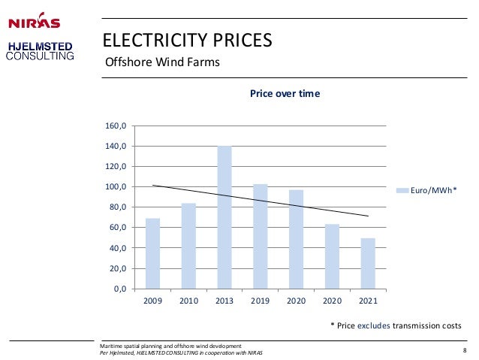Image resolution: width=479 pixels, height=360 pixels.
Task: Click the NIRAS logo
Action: click(35, 21)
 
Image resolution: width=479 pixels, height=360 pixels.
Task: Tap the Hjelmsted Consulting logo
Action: click(40, 51)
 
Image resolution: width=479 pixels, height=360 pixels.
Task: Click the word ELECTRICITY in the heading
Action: click(155, 40)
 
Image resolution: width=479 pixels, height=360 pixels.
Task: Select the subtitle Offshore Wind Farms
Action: click(162, 62)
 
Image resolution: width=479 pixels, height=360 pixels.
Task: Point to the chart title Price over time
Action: click(285, 93)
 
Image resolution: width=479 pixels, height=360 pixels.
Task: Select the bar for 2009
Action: click(152, 253)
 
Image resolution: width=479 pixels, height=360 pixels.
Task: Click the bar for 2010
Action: click(188, 246)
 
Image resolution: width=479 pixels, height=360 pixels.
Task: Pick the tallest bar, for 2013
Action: click(224, 217)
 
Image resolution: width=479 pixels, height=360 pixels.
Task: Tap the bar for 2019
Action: click(261, 237)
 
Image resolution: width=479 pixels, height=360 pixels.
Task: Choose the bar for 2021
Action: click(368, 264)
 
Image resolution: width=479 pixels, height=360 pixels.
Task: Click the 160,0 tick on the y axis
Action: click(116, 126)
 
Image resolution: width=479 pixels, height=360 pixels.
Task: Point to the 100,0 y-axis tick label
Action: click(116, 186)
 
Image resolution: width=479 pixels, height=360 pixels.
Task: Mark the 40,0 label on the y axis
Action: click(118, 248)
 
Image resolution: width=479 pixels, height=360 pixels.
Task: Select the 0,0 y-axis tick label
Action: click(120, 289)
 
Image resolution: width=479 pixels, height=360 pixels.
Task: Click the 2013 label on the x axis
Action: click(224, 301)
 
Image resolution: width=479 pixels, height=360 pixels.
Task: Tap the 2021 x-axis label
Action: click(368, 301)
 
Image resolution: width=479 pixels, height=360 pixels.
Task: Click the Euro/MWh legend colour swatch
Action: click(402, 191)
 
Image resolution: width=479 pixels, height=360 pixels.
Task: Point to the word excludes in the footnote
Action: click(374, 325)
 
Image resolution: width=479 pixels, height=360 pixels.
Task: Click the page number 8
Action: click(465, 350)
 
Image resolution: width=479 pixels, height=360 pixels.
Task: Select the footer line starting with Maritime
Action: click(170, 346)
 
